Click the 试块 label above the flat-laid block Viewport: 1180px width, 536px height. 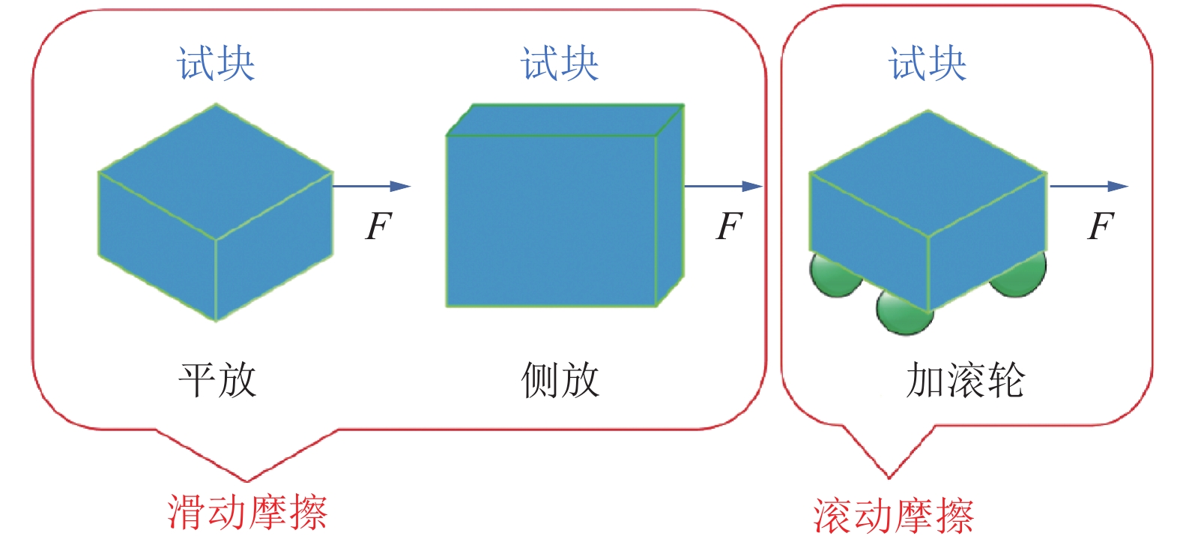coord(216,63)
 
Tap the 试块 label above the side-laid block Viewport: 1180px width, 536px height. coord(560,63)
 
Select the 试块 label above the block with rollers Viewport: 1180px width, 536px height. coord(928,63)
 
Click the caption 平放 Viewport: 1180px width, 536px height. coord(217,380)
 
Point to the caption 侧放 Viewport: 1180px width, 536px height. coord(560,380)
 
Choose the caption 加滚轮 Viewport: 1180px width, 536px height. coord(965,380)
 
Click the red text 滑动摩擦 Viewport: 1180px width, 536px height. coord(247,512)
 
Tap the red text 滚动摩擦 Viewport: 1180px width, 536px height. coord(893,516)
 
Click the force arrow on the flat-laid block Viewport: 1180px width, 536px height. coord(372,186)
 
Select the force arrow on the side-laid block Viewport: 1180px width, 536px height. coord(723,186)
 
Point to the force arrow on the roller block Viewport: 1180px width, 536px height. coord(1088,186)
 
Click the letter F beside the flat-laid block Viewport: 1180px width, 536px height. coord(378,226)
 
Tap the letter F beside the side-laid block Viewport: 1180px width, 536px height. coord(729,226)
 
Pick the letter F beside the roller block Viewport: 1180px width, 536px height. coord(1101,226)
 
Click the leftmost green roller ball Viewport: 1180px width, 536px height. coord(833,276)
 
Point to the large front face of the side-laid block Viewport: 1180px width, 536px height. coord(551,220)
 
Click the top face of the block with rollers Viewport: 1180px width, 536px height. coord(928,174)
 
